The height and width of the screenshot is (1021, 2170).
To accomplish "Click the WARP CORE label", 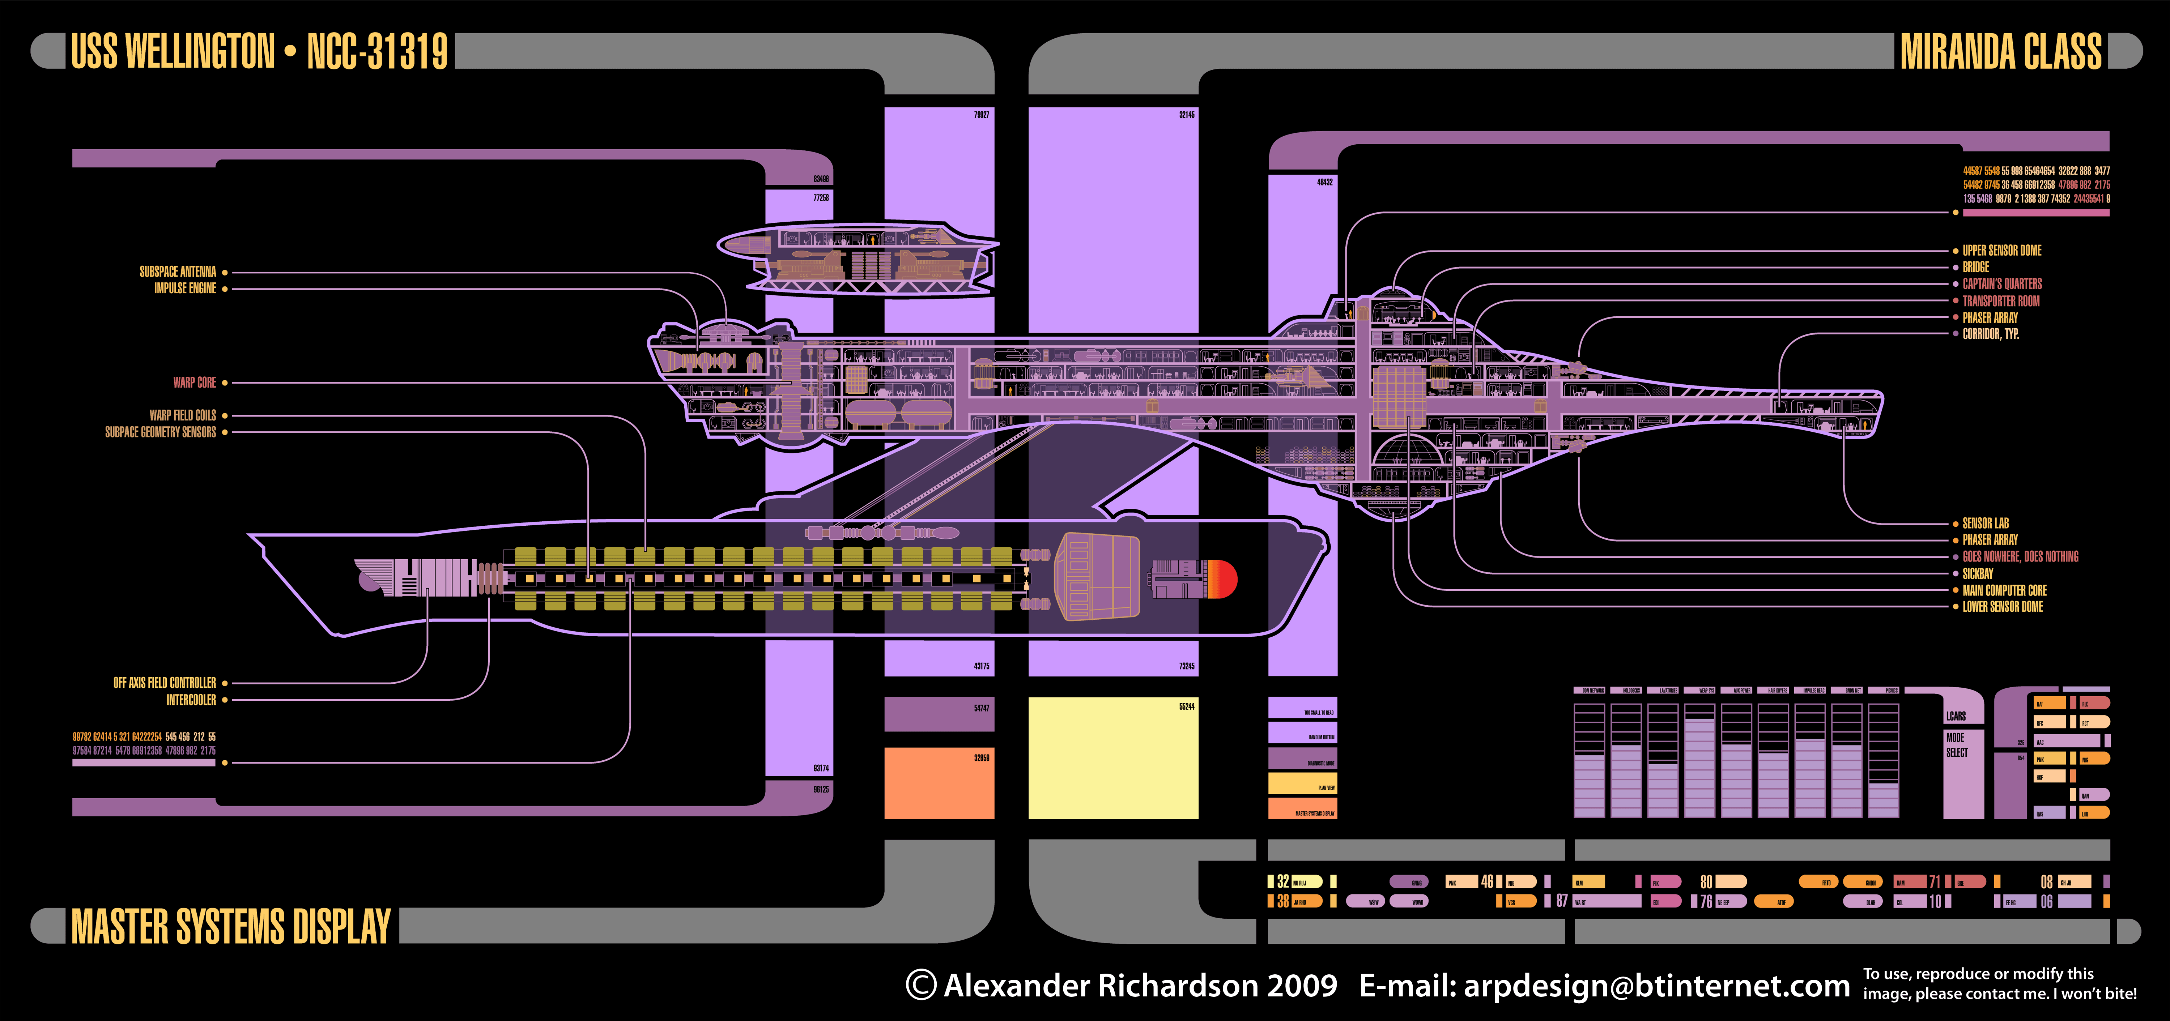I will point(195,383).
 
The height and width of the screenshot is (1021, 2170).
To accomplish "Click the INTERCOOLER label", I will point(191,700).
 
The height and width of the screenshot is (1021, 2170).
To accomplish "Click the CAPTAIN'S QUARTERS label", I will point(2001,284).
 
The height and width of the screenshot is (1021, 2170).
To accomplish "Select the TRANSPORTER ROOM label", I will point(2001,301).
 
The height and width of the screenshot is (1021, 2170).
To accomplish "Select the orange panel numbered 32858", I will point(939,783).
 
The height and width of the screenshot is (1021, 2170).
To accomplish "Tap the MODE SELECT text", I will point(1957,745).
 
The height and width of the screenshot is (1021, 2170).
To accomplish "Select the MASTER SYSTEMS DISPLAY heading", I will point(231,927).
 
